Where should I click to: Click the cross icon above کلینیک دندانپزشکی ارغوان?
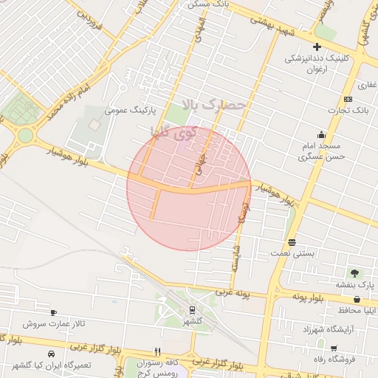pos(317,47)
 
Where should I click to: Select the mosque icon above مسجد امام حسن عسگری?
pos(321,134)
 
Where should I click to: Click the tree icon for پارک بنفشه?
pos(357,273)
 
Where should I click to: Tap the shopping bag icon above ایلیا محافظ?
pos(357,300)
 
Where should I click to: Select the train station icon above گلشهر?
pos(192,310)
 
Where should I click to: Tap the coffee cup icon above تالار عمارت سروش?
pos(52,312)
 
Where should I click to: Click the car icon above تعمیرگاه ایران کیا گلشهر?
pos(50,354)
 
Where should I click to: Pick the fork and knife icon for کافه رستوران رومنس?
pos(157,351)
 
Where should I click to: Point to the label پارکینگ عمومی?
pos(129,111)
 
